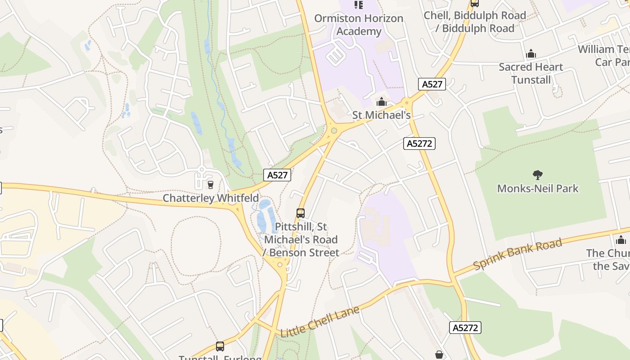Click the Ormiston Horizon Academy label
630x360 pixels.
359,25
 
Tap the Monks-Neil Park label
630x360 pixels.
538,188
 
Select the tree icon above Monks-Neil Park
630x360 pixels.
538,175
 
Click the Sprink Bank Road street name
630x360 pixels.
517,254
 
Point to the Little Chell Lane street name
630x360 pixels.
320,322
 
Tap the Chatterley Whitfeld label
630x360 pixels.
211,198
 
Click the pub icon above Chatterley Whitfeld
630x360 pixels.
210,184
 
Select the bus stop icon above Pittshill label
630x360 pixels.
301,213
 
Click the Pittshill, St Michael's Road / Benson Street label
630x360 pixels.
301,239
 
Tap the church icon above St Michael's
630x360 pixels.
382,102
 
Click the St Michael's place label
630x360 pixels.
382,115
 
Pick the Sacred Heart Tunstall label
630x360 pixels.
531,73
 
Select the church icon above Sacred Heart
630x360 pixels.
531,54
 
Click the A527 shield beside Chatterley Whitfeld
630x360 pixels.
277,175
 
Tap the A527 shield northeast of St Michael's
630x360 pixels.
432,84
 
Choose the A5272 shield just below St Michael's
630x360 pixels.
419,144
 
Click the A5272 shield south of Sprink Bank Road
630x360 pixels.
465,328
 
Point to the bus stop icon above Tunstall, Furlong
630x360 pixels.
220,346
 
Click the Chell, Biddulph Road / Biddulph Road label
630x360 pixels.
475,22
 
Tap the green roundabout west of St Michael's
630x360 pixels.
334,131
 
